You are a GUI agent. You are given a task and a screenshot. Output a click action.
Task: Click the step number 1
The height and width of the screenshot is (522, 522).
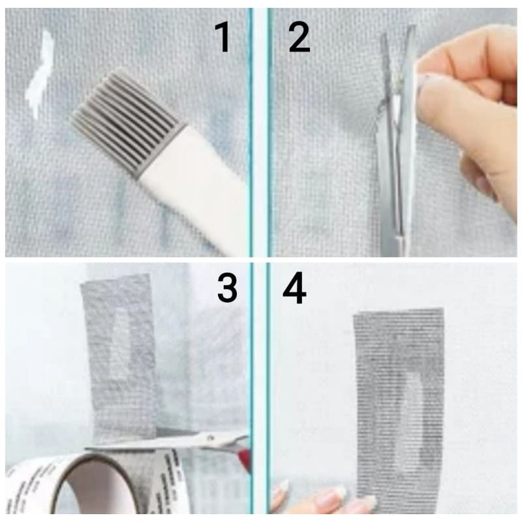click(223, 38)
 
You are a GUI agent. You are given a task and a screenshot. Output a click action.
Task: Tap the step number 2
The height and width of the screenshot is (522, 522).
click(299, 38)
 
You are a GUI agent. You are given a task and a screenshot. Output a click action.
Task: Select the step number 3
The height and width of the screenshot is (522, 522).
click(226, 288)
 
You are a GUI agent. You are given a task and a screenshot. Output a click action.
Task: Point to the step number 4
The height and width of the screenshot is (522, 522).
click(294, 288)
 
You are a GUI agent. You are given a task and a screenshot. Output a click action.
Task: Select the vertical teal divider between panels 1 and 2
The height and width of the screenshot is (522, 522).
click(259, 130)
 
